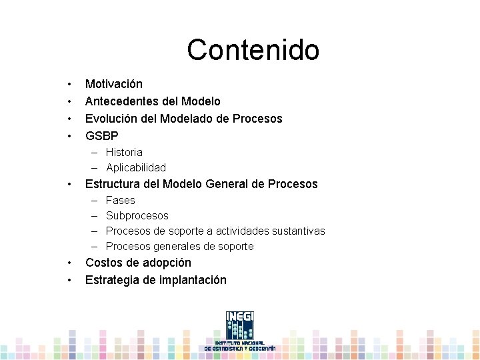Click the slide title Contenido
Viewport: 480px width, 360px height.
pos(253,50)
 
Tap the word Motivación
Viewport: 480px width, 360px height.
pos(113,84)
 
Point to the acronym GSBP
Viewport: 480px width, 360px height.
pos(102,136)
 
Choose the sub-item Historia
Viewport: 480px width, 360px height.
pos(124,153)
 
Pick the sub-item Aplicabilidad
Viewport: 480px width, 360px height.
pos(136,168)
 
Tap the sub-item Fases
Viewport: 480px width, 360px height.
pos(121,201)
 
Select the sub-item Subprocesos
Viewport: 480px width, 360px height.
pos(137,216)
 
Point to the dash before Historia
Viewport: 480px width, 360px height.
pos(95,153)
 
